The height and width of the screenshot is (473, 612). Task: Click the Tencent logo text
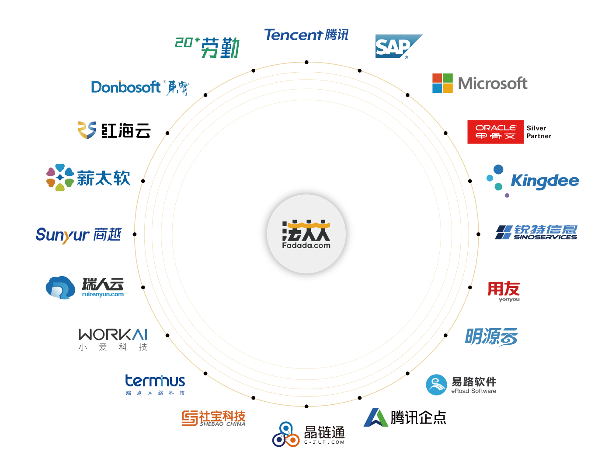pos(293,35)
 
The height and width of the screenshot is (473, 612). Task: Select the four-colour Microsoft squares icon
pos(442,83)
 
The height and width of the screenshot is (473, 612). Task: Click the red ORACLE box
pos(495,132)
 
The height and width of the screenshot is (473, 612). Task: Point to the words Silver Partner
pos(539,132)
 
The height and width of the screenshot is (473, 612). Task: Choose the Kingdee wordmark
pos(545,181)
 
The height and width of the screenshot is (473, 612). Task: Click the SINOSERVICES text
pos(545,237)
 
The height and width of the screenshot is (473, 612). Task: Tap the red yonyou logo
pos(504,291)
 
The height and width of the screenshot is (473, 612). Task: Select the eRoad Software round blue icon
pos(436,385)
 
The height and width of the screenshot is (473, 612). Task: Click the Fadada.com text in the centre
pos(306,245)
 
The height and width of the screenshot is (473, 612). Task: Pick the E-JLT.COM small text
pos(324,442)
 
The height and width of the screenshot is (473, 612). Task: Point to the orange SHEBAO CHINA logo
pos(214,418)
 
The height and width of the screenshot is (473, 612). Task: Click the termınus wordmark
pos(155,381)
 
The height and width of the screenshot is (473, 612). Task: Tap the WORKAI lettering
pos(113,335)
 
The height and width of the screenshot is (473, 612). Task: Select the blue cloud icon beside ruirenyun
pos(60,287)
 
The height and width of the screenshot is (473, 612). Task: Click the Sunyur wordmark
pos(63,235)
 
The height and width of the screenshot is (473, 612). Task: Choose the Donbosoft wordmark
pos(126,87)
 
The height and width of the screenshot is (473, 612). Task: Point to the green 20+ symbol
pos(187,42)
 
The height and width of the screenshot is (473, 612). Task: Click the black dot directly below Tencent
pos(306,62)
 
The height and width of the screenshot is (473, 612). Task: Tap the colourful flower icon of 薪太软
pos(60,177)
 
